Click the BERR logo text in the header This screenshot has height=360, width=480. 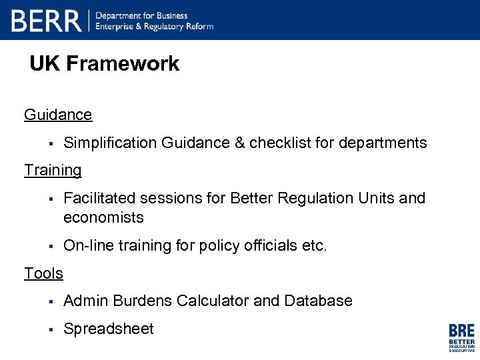[46, 21]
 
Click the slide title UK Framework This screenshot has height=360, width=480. [105, 64]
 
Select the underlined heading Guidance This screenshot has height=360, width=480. [58, 115]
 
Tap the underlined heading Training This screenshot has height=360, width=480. [53, 170]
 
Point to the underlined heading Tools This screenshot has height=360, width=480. [43, 273]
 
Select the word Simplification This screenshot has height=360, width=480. [110, 143]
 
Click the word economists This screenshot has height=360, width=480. [103, 217]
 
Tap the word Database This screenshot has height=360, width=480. [318, 301]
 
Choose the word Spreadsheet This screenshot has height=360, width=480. [109, 329]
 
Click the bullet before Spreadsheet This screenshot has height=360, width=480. [50, 329]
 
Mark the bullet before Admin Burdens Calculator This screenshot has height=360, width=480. [50, 301]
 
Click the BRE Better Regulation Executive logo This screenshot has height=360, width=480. [461, 337]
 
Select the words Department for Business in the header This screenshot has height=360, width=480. [142, 15]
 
